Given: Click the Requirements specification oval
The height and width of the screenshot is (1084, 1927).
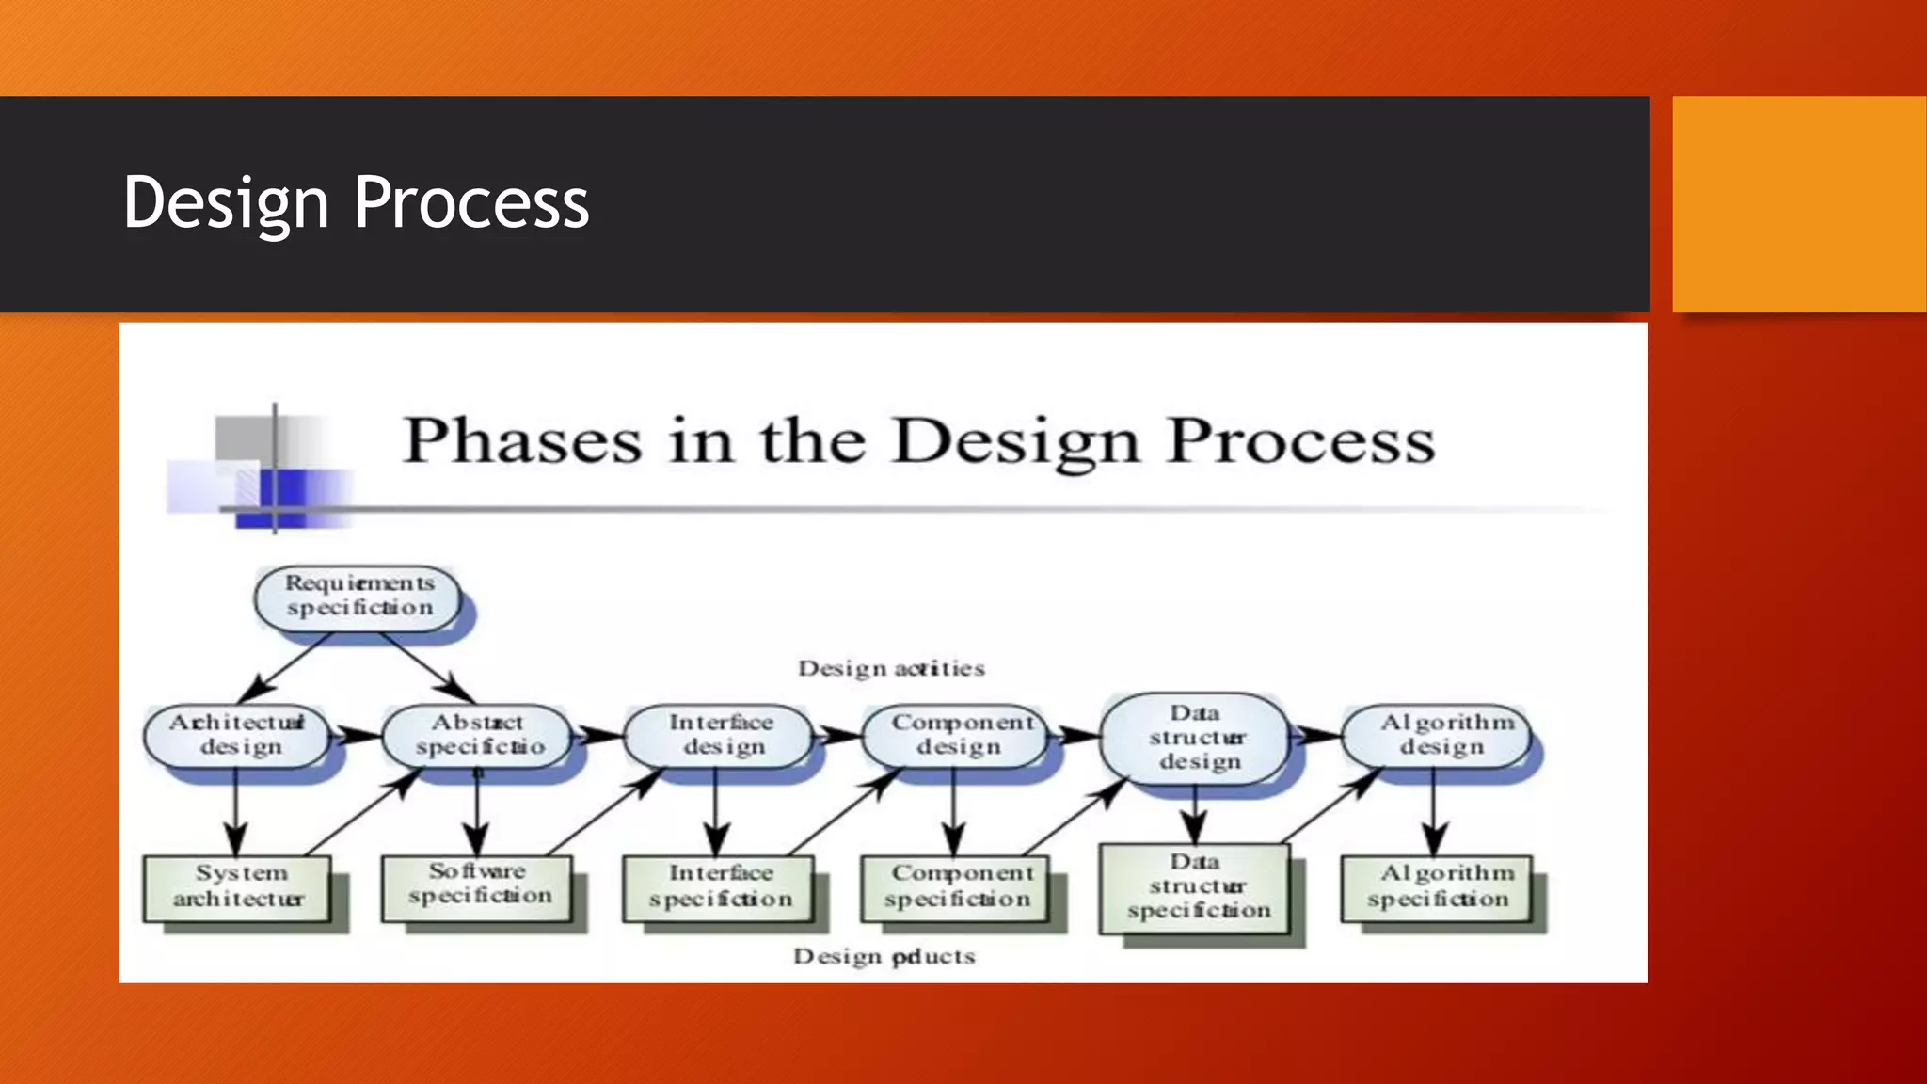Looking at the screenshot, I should (x=358, y=597).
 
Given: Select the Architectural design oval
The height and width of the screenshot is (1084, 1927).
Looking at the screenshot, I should (x=237, y=735).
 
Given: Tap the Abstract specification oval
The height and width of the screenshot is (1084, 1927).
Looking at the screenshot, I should (x=477, y=736).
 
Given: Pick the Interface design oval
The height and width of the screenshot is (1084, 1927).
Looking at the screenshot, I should (x=718, y=735).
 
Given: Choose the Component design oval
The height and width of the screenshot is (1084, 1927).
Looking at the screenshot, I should (x=957, y=735).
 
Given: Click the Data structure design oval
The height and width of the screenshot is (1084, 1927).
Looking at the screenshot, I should (x=1195, y=738).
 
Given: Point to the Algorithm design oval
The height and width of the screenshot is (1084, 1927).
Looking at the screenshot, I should (x=1437, y=735).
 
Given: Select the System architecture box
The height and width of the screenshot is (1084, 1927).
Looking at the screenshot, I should (x=238, y=887).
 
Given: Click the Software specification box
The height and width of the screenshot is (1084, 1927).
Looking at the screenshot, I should (x=478, y=885).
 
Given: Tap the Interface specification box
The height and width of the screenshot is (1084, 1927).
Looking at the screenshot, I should (x=718, y=887).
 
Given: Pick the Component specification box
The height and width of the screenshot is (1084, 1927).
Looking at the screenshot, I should (x=957, y=887).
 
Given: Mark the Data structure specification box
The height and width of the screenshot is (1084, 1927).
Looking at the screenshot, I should (x=1195, y=887).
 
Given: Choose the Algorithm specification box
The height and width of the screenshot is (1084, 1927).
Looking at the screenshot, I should (x=1437, y=887).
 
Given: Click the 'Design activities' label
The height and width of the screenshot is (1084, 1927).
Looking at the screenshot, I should (x=891, y=669).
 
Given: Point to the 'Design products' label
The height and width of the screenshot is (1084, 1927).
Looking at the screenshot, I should (x=884, y=957).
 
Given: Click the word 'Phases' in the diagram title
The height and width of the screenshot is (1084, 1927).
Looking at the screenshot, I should (x=523, y=440).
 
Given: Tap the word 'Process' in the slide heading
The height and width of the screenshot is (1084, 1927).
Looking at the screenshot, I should (x=471, y=202).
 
